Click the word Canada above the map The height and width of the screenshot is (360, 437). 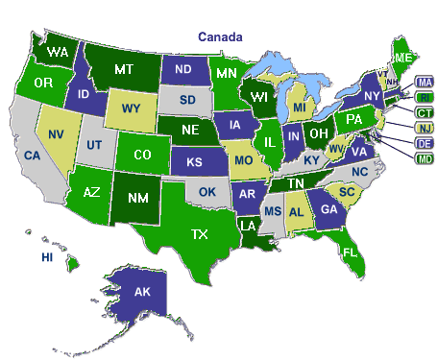click(x=220, y=36)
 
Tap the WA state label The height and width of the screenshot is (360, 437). click(x=58, y=50)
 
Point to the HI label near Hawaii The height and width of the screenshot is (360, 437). click(x=46, y=257)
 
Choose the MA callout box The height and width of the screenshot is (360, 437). click(x=424, y=81)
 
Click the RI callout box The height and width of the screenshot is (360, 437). click(x=424, y=96)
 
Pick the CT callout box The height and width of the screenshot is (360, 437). click(x=424, y=112)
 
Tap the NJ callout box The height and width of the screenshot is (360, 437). click(x=424, y=128)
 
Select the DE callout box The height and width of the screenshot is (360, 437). click(x=424, y=143)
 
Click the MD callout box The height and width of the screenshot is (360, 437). click(x=424, y=158)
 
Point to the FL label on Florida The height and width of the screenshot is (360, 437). click(x=350, y=252)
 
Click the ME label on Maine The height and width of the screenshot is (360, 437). click(x=403, y=59)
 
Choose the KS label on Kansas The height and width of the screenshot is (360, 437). click(x=192, y=162)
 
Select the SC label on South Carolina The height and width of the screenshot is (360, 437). click(x=348, y=193)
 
